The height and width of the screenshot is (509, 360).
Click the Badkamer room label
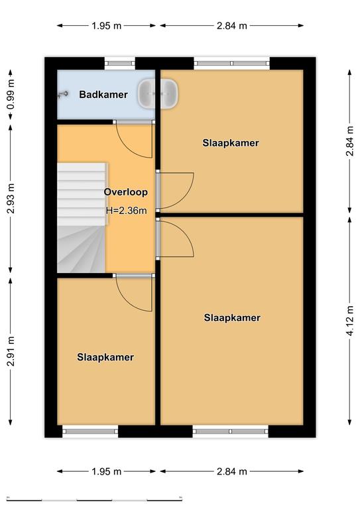[103, 95]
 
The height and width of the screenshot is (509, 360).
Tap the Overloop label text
[125, 192]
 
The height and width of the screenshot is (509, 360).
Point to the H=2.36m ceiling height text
[126, 210]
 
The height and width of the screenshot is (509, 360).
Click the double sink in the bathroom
[158, 93]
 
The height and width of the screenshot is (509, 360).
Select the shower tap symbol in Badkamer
[63, 94]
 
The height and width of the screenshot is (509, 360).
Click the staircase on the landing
[82, 217]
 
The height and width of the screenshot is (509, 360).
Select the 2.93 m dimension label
[11, 198]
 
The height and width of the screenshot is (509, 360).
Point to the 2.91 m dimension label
[11, 351]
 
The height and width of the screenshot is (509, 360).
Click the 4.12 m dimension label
[349, 321]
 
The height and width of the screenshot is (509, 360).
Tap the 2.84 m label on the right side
[349, 141]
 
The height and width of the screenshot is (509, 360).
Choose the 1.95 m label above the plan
[107, 26]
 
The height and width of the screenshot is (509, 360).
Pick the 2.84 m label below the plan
[232, 471]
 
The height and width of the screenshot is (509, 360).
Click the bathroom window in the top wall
[120, 64]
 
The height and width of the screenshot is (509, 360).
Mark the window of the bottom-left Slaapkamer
[90, 431]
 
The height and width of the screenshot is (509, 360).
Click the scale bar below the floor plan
[94, 499]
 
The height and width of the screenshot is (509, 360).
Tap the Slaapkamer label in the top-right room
[231, 143]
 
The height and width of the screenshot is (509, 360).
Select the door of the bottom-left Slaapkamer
[133, 292]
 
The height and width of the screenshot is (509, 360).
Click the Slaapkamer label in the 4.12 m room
[232, 317]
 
